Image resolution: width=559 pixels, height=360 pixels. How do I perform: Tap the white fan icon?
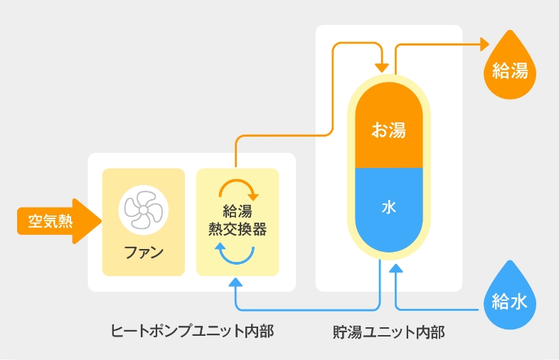pos(143,209)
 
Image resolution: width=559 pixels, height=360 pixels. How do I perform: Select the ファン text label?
pos(143,252)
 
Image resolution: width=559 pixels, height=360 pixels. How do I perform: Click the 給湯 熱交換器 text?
pos(238,221)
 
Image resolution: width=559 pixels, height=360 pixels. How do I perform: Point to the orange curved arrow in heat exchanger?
pos(238,186)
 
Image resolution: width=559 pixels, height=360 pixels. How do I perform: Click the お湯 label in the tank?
pos(388,130)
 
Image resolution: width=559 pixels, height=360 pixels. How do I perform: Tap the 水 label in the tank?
pos(388,207)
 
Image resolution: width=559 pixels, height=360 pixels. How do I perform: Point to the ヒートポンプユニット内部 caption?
pos(192,331)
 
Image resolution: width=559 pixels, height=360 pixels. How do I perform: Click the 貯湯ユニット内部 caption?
pos(388,332)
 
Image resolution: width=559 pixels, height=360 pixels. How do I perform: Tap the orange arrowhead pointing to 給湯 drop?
pos(485,44)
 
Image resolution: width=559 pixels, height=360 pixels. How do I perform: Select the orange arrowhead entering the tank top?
pos(383,67)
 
